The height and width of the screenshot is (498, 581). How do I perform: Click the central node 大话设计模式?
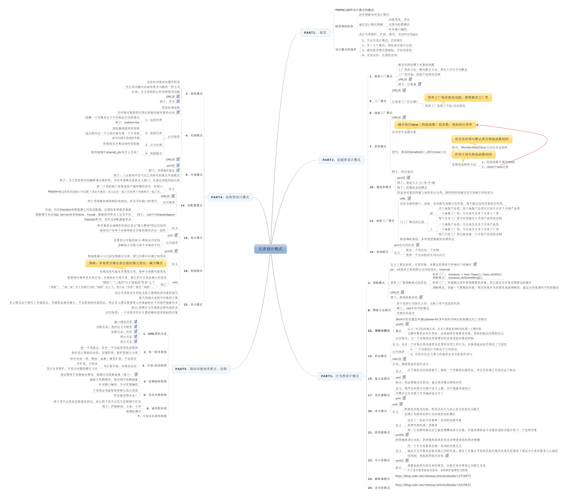click(x=270, y=249)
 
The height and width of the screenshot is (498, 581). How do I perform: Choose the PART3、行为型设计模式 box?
click(x=340, y=376)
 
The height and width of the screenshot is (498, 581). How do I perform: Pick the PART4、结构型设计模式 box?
click(x=230, y=197)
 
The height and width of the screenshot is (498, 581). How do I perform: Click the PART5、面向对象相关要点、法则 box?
click(x=201, y=369)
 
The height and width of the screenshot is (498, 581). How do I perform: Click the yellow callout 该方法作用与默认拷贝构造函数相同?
click(x=482, y=139)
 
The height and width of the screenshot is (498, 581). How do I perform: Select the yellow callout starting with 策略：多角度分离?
click(x=126, y=263)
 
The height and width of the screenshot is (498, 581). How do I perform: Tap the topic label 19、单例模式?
click(x=379, y=252)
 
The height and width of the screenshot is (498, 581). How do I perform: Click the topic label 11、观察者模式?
click(x=379, y=331)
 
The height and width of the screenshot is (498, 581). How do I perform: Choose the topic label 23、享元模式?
click(x=193, y=305)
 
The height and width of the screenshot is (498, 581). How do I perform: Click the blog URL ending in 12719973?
click(x=433, y=476)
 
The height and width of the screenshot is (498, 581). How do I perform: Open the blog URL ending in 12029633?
click(x=433, y=485)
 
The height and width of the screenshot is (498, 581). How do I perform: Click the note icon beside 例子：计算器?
click(x=419, y=84)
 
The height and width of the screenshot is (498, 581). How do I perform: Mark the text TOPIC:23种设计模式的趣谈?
click(x=354, y=10)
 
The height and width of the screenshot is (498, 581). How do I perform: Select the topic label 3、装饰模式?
click(x=194, y=94)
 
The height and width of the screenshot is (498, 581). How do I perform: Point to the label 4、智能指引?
click(x=153, y=153)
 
